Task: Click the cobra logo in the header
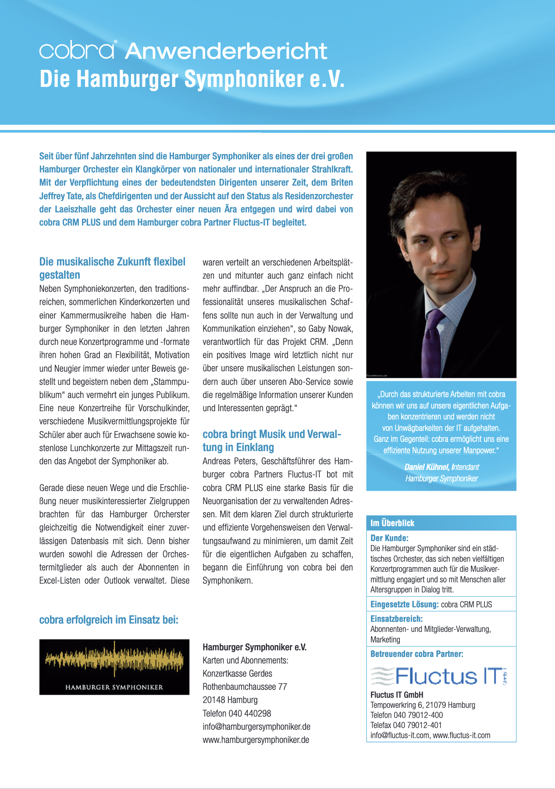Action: pos(78,50)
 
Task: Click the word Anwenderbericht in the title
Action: pos(226,51)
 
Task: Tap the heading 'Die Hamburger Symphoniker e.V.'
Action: pos(192,79)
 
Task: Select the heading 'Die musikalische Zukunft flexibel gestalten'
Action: pos(112,268)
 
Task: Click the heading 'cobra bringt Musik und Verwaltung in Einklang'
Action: pos(271,441)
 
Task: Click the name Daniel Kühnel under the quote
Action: pos(427,467)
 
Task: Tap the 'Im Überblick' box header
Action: pos(392,523)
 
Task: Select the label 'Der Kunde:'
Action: pos(389,538)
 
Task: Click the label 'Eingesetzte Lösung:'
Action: pos(404,604)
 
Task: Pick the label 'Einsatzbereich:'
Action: pos(396,619)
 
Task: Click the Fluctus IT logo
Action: pos(439,676)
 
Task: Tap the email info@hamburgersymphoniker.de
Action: pos(256,726)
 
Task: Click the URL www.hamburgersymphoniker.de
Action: pos(256,740)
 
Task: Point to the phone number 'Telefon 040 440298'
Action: pos(237,713)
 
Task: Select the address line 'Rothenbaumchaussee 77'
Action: pos(245,686)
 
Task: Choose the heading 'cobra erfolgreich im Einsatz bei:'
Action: pos(109,620)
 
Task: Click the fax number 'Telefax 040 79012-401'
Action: pos(406,725)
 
